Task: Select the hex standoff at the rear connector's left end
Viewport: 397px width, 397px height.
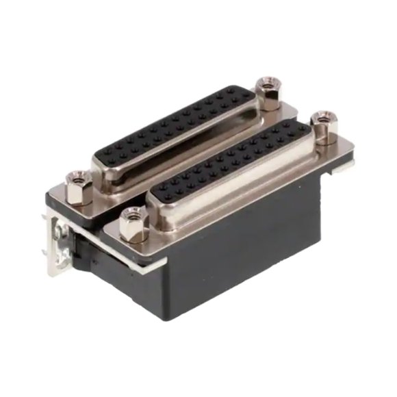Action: (79, 187)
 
